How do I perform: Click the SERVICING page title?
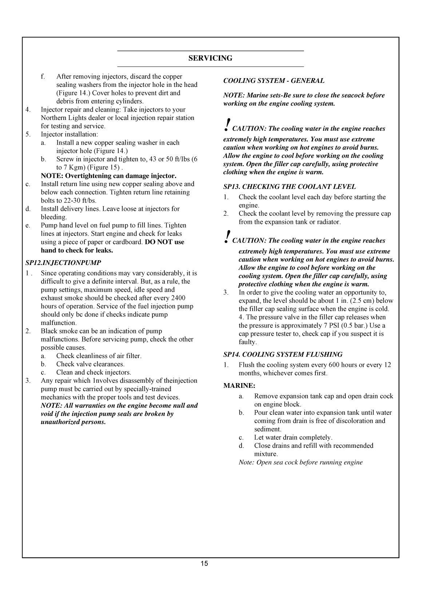click(210, 59)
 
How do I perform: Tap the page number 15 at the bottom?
click(204, 563)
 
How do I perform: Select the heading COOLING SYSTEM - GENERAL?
click(274, 81)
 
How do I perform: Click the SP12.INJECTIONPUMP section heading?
click(63, 262)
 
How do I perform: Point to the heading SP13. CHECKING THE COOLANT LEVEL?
click(289, 187)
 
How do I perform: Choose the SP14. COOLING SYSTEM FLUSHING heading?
click(283, 354)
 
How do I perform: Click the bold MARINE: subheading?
click(239, 386)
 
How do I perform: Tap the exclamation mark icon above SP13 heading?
click(227, 124)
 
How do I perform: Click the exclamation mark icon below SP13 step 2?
click(227, 236)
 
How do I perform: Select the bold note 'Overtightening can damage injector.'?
click(108, 176)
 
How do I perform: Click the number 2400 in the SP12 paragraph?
click(178, 298)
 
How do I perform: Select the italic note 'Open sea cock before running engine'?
click(301, 462)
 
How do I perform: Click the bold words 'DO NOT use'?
click(164, 242)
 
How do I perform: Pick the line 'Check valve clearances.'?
click(90, 364)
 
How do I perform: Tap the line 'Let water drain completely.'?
click(293, 438)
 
